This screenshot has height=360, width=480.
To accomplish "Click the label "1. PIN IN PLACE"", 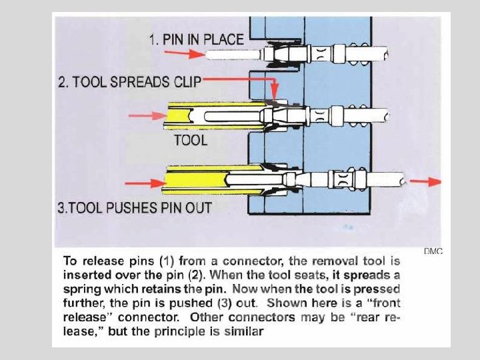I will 196,40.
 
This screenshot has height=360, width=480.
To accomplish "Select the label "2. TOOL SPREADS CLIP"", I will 129,83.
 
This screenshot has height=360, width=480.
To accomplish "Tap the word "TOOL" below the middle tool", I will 191,140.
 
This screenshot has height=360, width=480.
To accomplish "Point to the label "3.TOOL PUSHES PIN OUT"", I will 135,207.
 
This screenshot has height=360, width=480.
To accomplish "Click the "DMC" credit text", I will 433,251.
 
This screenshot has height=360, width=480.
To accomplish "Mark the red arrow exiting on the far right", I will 425,181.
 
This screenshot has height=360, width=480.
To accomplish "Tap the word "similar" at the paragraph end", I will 243,331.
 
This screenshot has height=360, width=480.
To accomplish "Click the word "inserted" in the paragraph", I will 85,275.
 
